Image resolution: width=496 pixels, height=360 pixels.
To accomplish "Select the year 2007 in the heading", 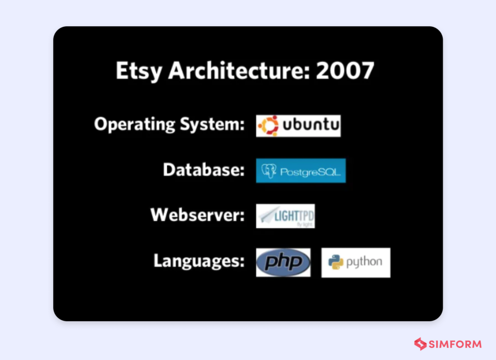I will tap(345, 71).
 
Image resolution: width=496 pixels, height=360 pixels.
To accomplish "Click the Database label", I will tap(203, 170).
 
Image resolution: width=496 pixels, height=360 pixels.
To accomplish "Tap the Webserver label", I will tap(197, 215).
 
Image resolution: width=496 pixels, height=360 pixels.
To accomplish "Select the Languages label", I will tap(199, 261).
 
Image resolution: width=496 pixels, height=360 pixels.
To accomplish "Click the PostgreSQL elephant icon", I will tap(268, 171).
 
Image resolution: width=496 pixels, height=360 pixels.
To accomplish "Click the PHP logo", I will tap(283, 263).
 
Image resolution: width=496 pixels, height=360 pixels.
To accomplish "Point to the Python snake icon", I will tap(336, 263).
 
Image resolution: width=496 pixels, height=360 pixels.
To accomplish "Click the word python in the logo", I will tap(364, 263).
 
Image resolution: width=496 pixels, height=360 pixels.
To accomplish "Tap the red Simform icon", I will tap(420, 344).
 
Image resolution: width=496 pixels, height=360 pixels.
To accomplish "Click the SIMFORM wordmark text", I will tap(455, 344).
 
